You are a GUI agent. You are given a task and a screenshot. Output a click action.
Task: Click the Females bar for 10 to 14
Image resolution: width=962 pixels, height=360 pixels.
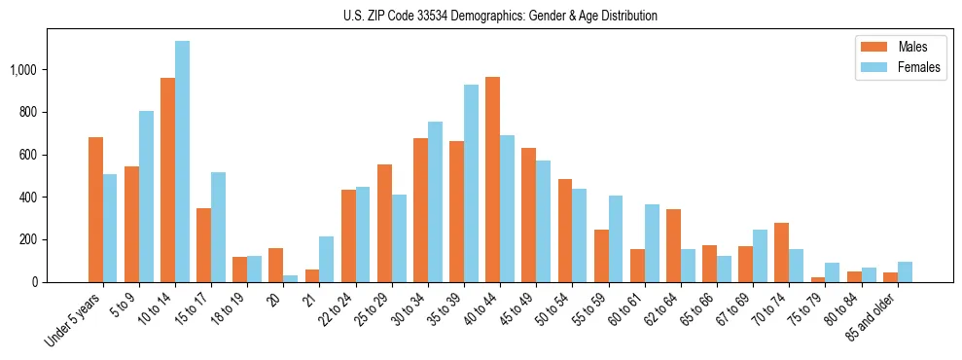tap(183, 162)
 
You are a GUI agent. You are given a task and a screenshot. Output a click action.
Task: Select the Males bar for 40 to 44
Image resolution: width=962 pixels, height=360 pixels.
tap(492, 179)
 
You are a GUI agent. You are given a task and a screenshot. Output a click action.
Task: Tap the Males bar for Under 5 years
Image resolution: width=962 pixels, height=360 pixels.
tap(95, 209)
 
